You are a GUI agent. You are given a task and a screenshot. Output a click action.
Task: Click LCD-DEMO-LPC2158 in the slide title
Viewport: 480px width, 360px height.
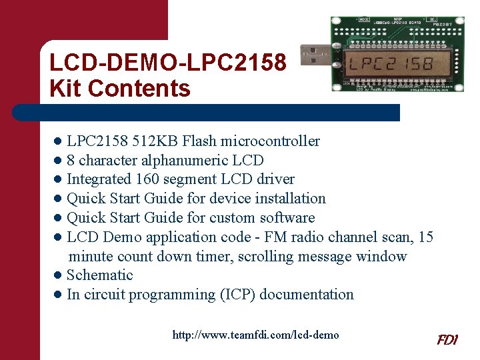pos(168,63)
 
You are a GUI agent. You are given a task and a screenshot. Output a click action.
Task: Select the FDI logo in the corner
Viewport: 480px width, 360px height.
pos(447,340)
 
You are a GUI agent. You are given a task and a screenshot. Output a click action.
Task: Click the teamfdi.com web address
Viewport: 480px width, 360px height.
pos(255,335)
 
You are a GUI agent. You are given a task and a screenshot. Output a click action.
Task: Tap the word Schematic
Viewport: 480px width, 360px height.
pos(100,275)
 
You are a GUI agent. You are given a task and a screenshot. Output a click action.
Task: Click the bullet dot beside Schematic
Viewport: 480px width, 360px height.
pos(59,275)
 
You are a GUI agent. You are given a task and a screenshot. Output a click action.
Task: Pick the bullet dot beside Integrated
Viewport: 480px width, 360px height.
pos(59,179)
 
